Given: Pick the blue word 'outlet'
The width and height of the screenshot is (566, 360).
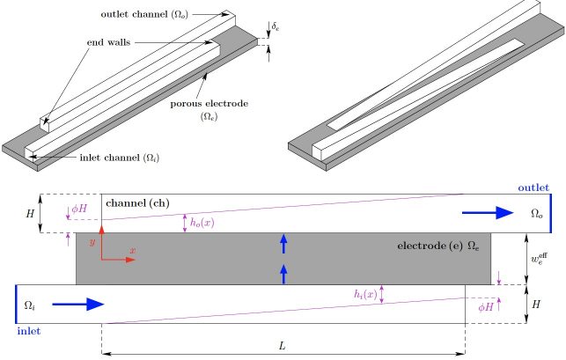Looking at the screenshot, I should (533, 188).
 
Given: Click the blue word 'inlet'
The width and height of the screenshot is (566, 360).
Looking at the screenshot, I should (30, 332).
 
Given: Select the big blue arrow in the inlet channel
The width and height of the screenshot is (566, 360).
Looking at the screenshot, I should (78, 305).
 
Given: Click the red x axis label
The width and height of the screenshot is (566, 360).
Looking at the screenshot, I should (133, 251).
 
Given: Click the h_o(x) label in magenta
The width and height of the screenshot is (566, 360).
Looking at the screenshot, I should (202, 224).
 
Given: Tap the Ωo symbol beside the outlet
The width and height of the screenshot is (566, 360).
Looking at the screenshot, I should (537, 213).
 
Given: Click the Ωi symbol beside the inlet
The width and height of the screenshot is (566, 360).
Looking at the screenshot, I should (29, 305).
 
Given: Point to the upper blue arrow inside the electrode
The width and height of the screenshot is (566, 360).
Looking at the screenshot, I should (283, 243).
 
